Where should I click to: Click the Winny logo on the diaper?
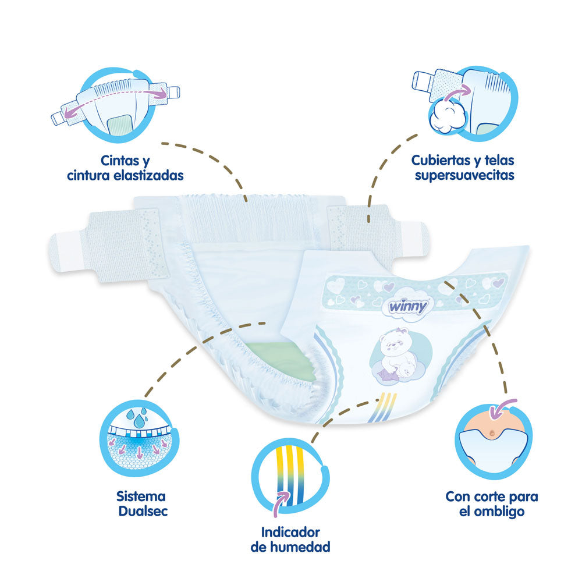coord(409,307)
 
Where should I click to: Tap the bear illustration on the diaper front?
coord(399,354)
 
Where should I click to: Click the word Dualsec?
coord(143,511)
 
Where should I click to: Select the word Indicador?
coord(290,533)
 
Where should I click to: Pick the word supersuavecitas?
coord(464,175)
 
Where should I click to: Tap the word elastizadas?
coord(148,175)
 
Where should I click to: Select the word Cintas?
coord(120,161)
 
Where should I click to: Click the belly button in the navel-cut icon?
coord(492,432)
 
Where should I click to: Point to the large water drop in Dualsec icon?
coord(140,421)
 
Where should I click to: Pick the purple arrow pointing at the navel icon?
coord(502,408)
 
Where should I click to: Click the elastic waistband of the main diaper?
coord(247,219)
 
